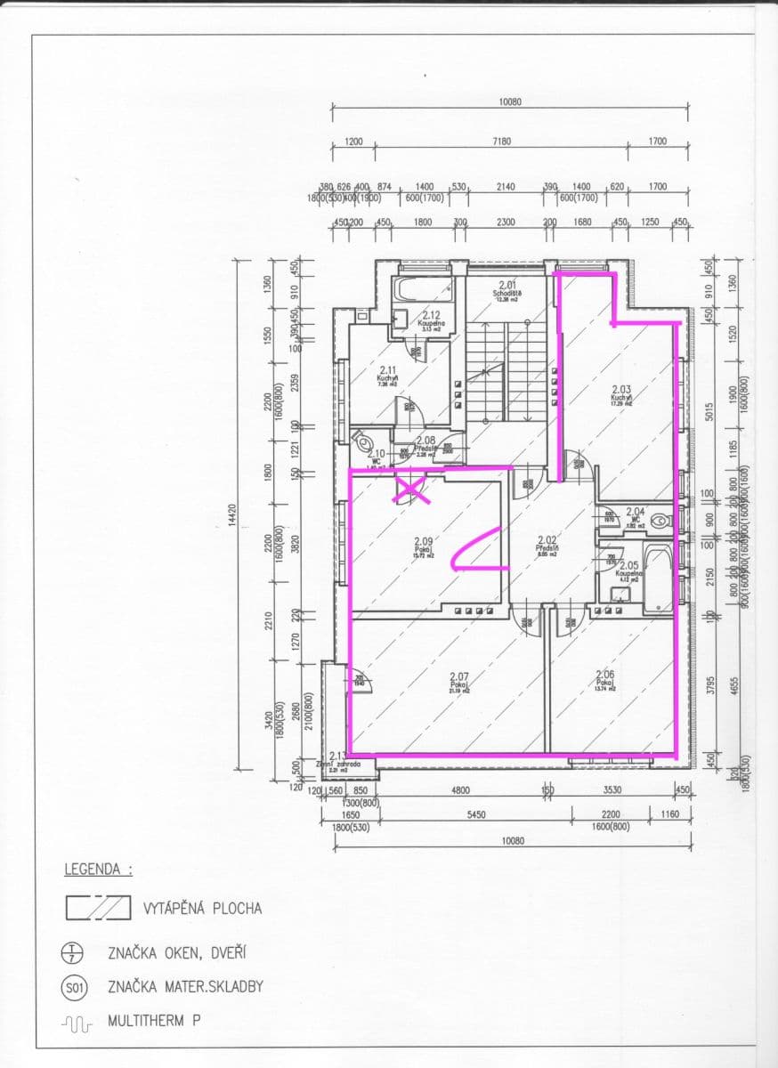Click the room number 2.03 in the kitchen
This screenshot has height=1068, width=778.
(620, 389)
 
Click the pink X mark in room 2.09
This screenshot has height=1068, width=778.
(412, 489)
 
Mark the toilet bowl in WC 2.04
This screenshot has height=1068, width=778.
(660, 522)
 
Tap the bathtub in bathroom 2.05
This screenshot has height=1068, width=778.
(659, 578)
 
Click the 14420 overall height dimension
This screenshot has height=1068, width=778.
(231, 518)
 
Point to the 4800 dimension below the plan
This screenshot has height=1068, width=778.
(459, 790)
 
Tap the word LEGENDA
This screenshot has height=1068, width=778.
(98, 869)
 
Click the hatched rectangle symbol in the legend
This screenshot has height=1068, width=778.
(98, 908)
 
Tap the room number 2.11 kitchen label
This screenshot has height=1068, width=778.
(388, 370)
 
